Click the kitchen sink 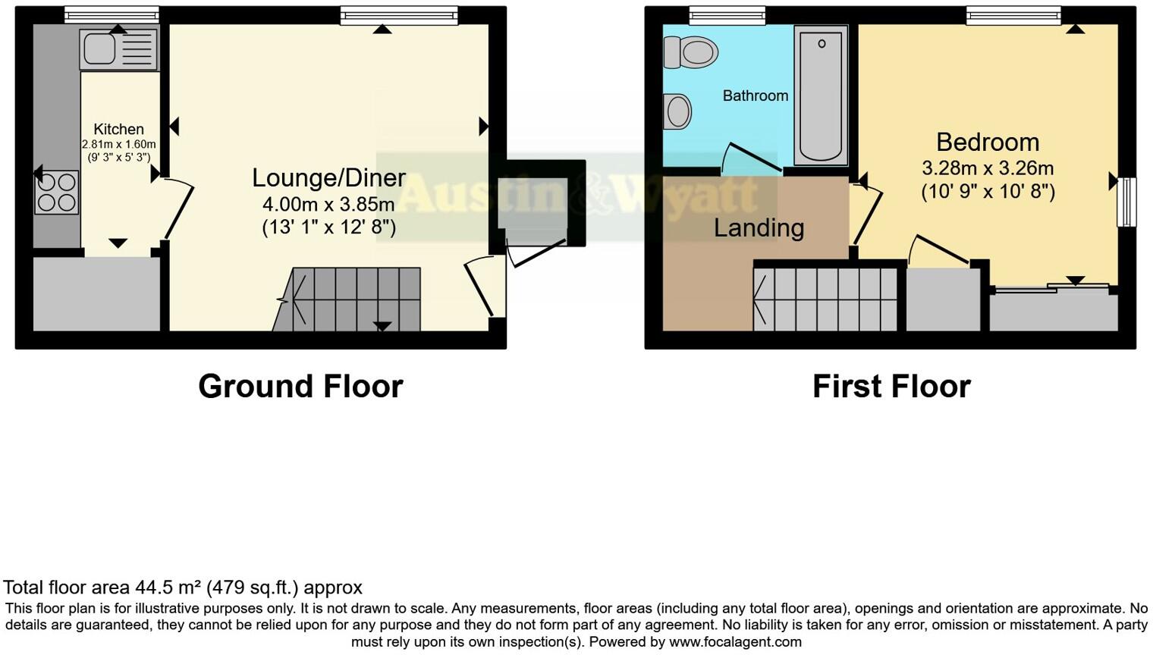(118, 50)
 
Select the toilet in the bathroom (691, 52)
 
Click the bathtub (821, 95)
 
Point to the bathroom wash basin (677, 111)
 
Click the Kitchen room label (118, 129)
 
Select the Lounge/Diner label (328, 177)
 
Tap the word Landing (759, 227)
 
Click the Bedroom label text (988, 142)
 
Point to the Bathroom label (755, 96)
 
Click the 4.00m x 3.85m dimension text (328, 204)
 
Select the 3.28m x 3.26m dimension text (988, 168)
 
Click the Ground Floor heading (300, 386)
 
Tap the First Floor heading (891, 386)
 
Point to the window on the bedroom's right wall (1126, 202)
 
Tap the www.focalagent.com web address (734, 642)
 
